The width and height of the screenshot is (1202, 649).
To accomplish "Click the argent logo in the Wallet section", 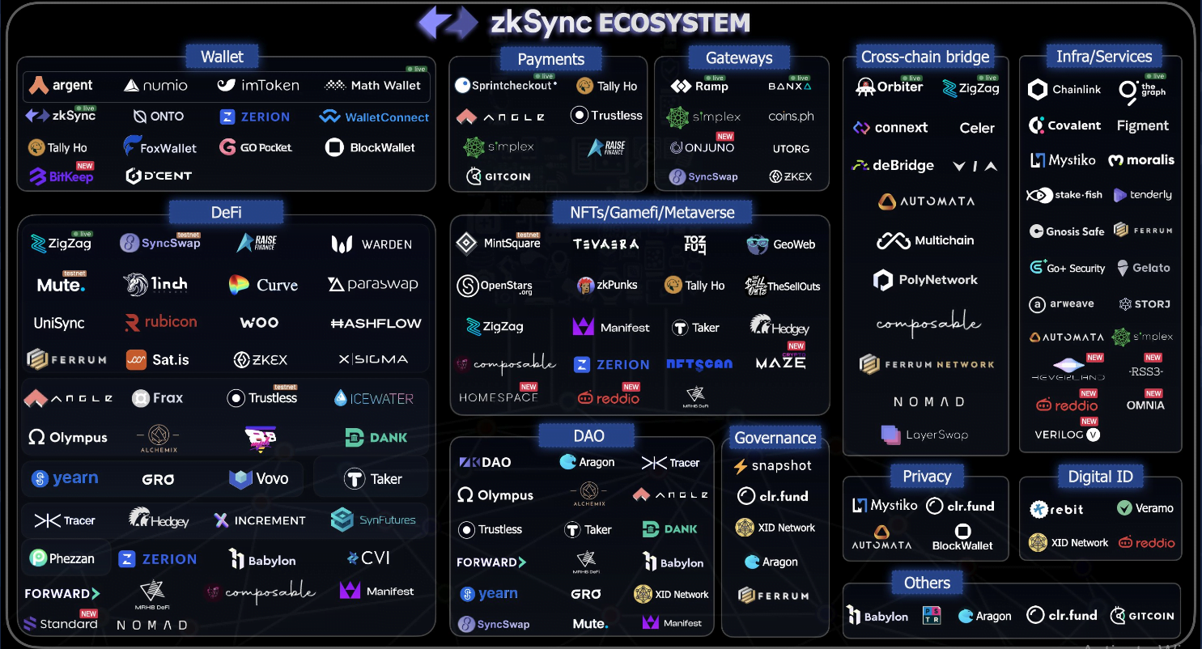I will tap(61, 85).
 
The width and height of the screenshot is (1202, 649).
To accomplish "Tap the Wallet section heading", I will tap(222, 57).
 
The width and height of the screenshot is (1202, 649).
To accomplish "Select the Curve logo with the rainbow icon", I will tap(263, 285).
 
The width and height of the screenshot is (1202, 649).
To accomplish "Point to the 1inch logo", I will tap(156, 284).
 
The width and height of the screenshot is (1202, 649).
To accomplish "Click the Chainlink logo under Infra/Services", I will tap(1064, 90).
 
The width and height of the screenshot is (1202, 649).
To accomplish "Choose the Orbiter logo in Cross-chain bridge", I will tap(890, 87).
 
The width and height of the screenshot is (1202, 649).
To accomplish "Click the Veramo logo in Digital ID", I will tap(1145, 508).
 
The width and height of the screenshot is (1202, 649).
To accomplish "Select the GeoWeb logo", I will tap(781, 244).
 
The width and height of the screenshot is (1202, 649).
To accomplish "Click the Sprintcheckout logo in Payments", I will tap(506, 86).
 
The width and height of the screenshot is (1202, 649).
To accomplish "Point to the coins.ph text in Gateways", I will tap(791, 117).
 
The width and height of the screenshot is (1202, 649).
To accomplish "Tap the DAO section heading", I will tap(588, 436).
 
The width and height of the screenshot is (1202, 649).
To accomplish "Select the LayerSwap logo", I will tap(924, 435).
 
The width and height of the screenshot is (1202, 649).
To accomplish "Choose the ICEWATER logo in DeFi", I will tap(374, 398).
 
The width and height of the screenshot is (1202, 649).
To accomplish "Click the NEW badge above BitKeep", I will tap(85, 166).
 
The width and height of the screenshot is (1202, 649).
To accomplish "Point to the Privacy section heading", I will tap(927, 477).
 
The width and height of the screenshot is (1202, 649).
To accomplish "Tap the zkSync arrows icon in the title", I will tap(448, 23).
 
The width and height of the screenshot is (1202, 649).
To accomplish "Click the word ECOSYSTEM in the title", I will tap(673, 23).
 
